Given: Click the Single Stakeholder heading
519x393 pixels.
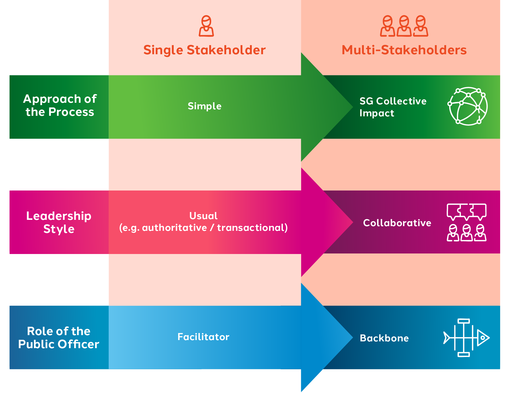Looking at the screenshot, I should click(x=205, y=50).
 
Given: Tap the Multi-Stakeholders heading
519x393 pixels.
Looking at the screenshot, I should click(x=404, y=50).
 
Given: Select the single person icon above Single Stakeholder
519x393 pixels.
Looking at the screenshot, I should click(x=206, y=26).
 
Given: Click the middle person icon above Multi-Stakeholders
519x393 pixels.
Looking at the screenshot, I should click(x=404, y=26).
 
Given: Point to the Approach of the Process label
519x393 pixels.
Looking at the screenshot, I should click(x=60, y=105).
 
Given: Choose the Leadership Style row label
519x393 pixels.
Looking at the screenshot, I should click(x=59, y=222).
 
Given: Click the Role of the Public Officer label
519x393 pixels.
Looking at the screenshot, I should click(x=59, y=337).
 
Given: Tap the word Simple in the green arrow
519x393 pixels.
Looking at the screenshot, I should click(x=205, y=106).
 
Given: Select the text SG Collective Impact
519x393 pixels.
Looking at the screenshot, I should click(x=393, y=107).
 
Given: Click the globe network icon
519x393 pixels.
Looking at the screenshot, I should click(x=468, y=106).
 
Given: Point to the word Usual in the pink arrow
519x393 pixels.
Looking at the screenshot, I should click(x=203, y=216).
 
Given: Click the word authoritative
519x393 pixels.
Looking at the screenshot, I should click(x=174, y=228).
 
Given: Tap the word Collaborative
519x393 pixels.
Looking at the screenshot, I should click(x=397, y=223).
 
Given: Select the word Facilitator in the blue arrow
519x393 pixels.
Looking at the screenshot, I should click(x=203, y=337).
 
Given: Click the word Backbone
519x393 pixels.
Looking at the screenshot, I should click(x=384, y=338).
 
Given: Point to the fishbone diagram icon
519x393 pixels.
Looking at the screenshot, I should click(x=466, y=338).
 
